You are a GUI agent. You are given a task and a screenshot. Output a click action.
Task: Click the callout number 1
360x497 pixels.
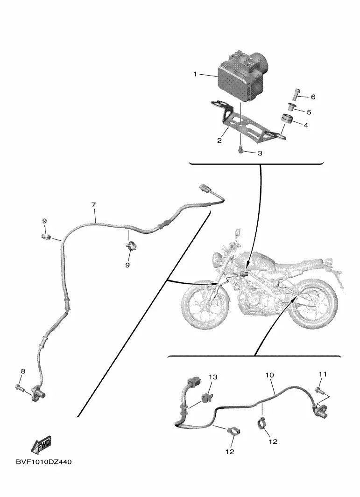[196, 74]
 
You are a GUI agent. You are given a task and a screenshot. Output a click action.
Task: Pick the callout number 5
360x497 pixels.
[308, 112]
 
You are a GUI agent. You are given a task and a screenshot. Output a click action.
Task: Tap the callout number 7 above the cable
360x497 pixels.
[93, 205]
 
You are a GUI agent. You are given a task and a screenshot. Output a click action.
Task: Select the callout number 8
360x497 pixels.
[23, 371]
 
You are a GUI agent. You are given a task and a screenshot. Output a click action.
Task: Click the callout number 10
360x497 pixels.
[269, 375]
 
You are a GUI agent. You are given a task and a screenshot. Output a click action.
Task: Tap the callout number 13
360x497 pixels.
[213, 377]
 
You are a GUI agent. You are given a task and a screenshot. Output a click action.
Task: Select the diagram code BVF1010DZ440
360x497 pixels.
[44, 462]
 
